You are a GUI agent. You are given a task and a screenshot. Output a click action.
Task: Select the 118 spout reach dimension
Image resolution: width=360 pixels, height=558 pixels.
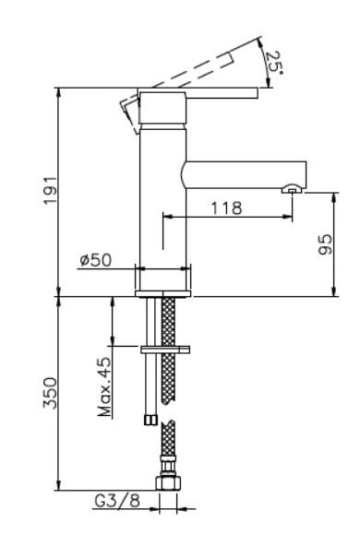[224, 208]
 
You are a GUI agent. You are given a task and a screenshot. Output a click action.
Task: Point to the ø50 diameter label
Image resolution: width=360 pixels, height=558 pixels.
[95, 260]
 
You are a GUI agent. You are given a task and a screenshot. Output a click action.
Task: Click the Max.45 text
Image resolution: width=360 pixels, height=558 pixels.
[105, 388]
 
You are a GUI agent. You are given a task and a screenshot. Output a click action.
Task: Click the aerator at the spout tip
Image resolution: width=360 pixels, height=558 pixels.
[291, 190]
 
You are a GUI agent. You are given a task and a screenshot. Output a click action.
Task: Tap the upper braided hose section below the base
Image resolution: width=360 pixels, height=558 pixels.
[168, 350]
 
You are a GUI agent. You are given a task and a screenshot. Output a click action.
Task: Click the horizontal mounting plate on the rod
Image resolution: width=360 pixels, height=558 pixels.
[164, 350]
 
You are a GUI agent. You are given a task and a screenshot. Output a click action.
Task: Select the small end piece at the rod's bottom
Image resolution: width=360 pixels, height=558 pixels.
[148, 421]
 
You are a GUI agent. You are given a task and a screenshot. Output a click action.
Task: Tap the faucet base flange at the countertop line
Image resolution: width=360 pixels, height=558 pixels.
[164, 293]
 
